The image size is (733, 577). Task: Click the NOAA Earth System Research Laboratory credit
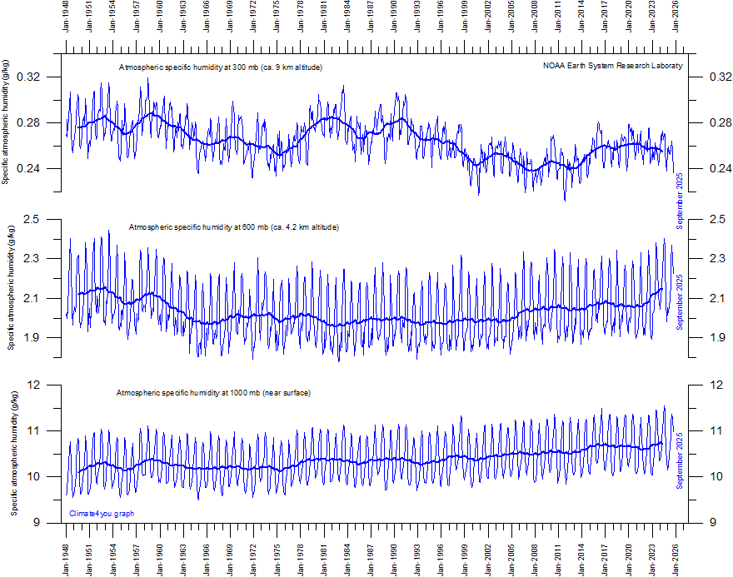(x=612, y=66)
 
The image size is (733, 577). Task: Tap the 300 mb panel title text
(x=221, y=67)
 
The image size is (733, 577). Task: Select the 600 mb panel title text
(x=234, y=227)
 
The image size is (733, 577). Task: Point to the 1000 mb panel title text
(x=213, y=392)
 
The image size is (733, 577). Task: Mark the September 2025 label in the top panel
(x=680, y=201)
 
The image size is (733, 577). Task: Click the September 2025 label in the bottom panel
(x=680, y=460)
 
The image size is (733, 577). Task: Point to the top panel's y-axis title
(x=7, y=122)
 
